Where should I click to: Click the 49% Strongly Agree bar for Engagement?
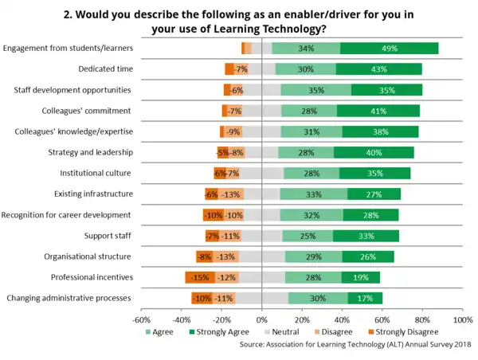tap(390, 49)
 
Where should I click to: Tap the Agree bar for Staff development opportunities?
tap(316, 90)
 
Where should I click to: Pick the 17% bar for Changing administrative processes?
tap(365, 299)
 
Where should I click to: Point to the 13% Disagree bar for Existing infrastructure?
tap(232, 194)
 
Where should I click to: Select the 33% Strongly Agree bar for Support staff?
tap(366, 236)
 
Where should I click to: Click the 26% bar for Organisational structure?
tap(368, 256)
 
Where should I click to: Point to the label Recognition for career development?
tap(66, 215)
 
